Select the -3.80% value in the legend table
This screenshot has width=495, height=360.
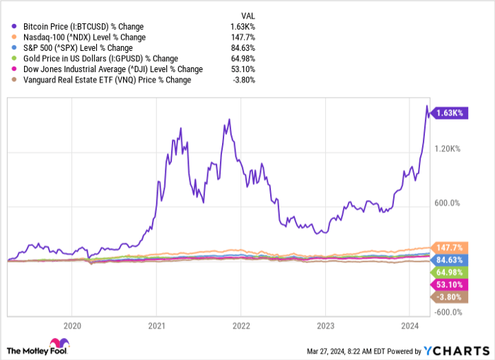click(243, 80)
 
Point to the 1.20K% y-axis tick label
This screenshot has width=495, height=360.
click(448, 149)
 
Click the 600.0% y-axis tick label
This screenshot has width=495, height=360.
click(448, 204)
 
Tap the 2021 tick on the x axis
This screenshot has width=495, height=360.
click(156, 326)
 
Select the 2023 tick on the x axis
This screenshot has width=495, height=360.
click(325, 326)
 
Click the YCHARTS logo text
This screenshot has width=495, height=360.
click(455, 350)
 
